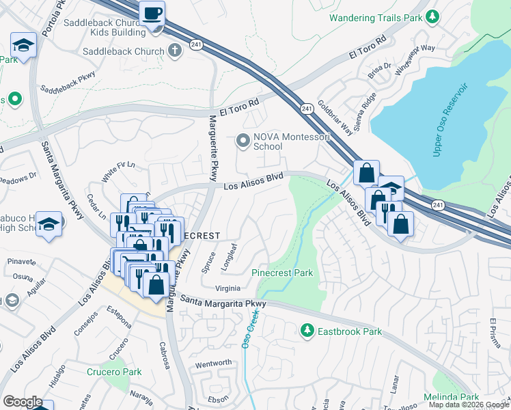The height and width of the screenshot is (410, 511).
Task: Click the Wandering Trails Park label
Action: (x=374, y=17)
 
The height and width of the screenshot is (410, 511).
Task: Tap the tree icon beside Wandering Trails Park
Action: (x=431, y=16)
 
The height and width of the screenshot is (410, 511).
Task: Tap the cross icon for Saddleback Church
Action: (x=175, y=51)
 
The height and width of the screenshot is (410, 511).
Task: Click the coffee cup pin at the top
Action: (x=151, y=13)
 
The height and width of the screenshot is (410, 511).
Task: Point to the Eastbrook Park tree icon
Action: (x=307, y=331)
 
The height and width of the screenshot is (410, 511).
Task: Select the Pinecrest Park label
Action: (x=282, y=273)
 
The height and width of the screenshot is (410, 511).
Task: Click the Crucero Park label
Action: (x=114, y=372)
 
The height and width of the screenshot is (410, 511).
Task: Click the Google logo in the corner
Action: (x=23, y=402)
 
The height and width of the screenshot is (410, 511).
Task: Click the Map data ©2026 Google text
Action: (x=469, y=405)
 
